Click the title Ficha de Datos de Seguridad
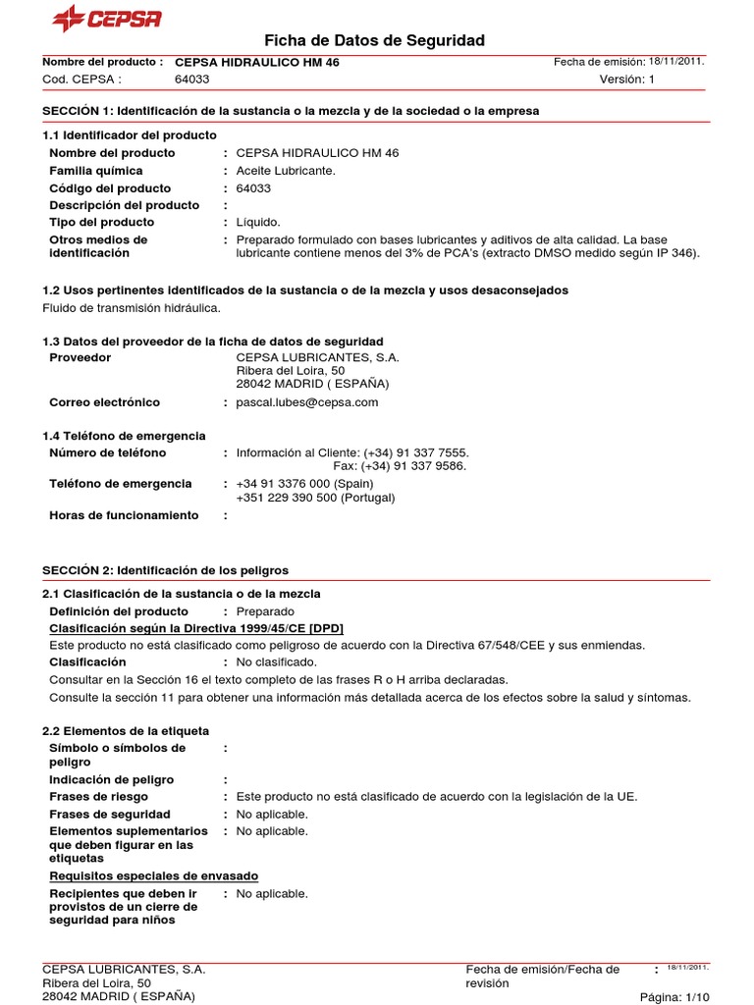(375, 40)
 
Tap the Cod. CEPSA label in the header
(81, 79)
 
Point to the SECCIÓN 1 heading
(291, 111)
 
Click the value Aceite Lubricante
(286, 171)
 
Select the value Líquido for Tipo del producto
(258, 223)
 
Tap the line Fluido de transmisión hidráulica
(131, 308)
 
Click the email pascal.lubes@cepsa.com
(307, 402)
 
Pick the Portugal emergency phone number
(315, 498)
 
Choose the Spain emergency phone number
(304, 484)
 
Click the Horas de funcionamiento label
(124, 515)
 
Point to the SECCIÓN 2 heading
(165, 570)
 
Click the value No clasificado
(277, 662)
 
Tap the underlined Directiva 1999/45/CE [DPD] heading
(196, 628)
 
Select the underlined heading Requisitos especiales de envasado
(154, 875)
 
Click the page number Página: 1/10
(673, 996)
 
